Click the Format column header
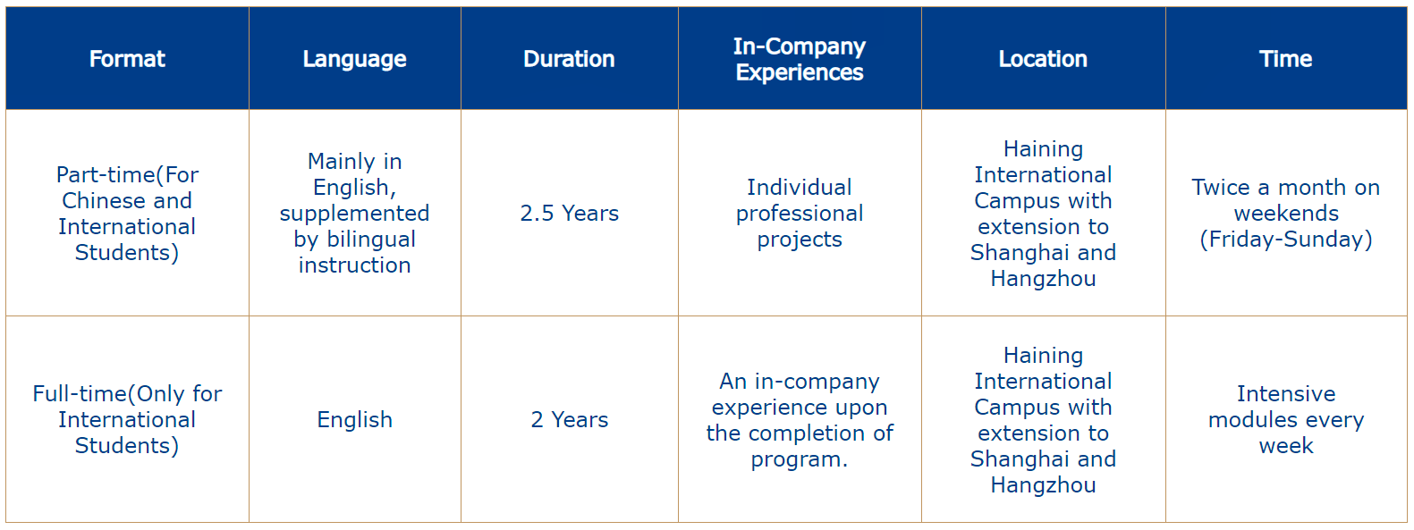(x=127, y=59)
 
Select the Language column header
(x=355, y=59)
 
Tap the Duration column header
(x=569, y=59)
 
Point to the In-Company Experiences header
(x=800, y=59)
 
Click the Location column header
(x=1043, y=59)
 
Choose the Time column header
(x=1286, y=59)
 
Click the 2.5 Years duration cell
(x=570, y=214)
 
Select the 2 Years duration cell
(x=570, y=419)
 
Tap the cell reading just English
(x=355, y=420)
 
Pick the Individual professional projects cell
(x=800, y=214)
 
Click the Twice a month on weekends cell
(x=1286, y=214)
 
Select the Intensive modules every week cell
(x=1286, y=419)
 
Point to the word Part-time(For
(x=127, y=175)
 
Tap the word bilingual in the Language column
(x=371, y=240)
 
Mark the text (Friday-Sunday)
(x=1286, y=240)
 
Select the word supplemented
(x=355, y=214)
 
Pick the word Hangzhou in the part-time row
(x=1043, y=279)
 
